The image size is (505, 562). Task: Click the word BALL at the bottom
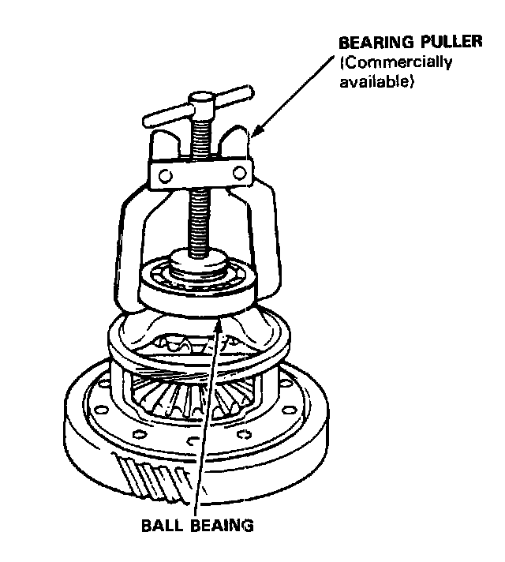163,524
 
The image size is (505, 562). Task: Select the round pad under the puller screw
197,261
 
